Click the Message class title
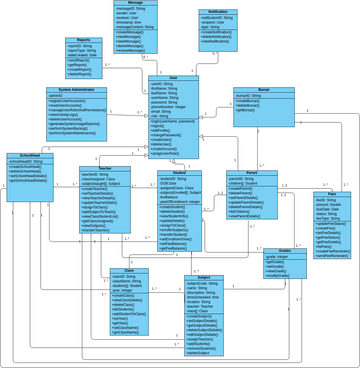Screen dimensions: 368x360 coord(136,3)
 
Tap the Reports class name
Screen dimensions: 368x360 coord(84,40)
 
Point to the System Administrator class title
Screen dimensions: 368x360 coord(77,89)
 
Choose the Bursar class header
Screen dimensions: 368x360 coord(264,89)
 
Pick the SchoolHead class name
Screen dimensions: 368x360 coord(29,156)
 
